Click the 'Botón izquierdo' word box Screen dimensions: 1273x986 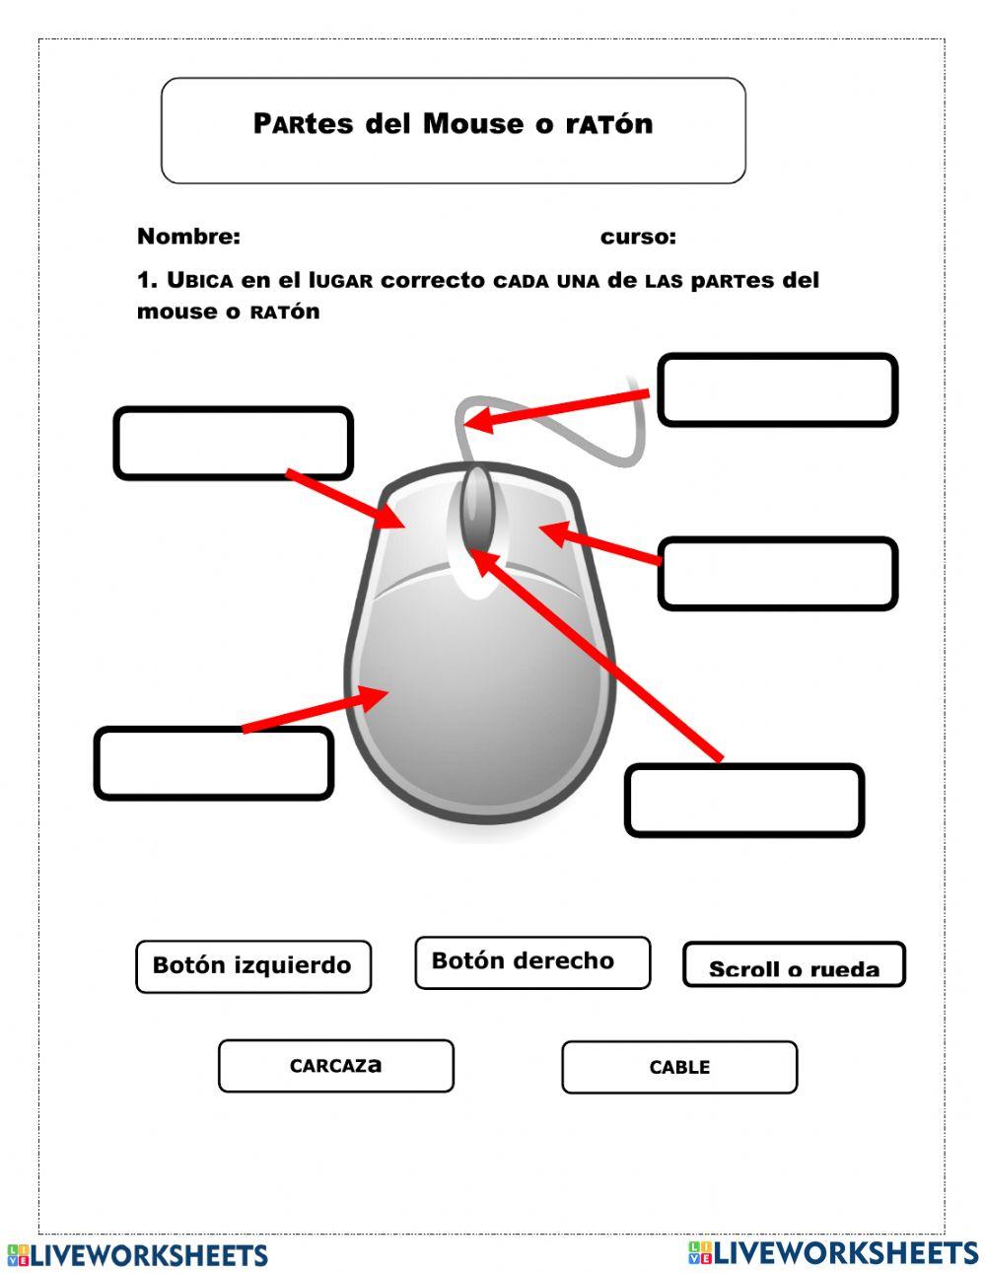253,966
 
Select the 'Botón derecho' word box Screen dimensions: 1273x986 532,962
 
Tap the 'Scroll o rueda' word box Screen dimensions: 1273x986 794,965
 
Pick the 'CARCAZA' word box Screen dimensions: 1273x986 336,1066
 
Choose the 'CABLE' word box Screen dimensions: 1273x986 679,1067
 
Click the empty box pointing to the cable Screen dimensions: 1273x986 777,390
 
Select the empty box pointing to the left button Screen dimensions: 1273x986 234,444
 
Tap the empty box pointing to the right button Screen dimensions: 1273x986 777,574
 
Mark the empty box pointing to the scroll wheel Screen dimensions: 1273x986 744,801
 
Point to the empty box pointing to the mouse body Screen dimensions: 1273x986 214,763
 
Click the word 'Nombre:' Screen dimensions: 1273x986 188,237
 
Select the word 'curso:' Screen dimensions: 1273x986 638,237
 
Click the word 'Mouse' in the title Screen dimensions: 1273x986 473,124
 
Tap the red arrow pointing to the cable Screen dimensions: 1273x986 557,408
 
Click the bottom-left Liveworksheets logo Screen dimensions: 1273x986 138,1255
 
